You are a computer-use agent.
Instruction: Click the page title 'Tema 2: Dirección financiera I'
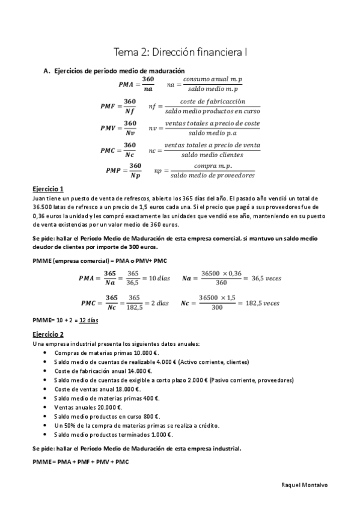(x=180, y=52)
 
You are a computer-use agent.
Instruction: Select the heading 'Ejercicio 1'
(x=49, y=188)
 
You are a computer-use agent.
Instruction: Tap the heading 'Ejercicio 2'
(x=49, y=334)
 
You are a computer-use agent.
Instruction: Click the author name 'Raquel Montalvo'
(x=306, y=484)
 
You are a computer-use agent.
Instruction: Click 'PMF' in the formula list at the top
(x=108, y=106)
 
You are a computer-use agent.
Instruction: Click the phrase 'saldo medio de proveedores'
(x=212, y=176)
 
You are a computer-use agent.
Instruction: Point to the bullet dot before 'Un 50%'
(x=45, y=425)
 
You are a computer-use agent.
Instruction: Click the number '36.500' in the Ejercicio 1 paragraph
(x=43, y=206)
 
